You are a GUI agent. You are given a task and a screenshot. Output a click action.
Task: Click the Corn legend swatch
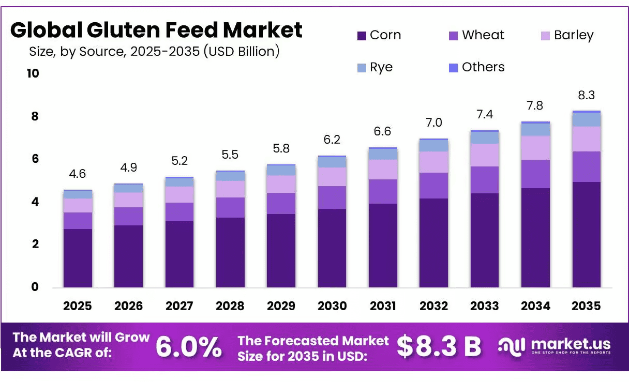click(362, 36)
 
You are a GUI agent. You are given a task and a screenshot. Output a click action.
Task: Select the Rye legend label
click(381, 67)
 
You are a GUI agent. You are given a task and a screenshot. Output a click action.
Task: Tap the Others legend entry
click(477, 67)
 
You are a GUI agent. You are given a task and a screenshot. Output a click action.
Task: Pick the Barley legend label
click(574, 36)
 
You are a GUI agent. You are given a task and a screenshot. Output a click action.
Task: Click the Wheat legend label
click(483, 35)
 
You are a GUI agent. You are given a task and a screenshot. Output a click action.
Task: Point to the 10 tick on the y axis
click(33, 73)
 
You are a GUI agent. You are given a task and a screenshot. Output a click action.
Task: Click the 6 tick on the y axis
click(35, 159)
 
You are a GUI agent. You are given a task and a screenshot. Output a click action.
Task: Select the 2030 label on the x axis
click(332, 306)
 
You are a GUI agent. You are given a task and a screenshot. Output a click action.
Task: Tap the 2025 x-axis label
click(78, 306)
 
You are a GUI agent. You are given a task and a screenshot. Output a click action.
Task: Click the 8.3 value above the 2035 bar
click(586, 95)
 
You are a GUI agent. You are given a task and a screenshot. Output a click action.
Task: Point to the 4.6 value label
click(78, 174)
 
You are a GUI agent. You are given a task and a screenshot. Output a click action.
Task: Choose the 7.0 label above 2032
click(434, 123)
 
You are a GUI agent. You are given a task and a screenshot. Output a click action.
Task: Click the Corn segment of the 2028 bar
click(230, 252)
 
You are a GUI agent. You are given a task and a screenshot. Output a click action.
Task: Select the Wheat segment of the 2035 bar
click(587, 167)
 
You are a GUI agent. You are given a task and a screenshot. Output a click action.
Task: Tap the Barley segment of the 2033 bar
click(485, 155)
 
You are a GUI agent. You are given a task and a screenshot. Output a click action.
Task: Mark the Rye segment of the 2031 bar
click(383, 155)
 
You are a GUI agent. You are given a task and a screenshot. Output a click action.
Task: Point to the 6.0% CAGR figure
click(189, 347)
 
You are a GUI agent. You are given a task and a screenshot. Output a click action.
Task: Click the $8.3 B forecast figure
click(439, 346)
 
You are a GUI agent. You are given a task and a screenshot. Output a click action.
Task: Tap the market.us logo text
click(571, 344)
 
